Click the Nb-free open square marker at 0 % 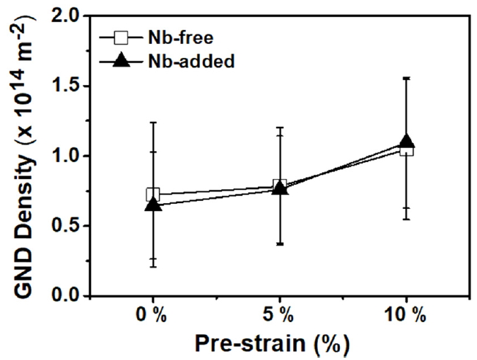tap(153, 195)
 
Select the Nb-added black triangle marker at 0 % tap(153, 205)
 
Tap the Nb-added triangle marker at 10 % tap(407, 142)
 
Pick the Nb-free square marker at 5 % tap(279, 185)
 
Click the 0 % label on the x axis tap(152, 316)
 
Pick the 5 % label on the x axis tap(279, 316)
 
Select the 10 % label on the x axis tap(405, 316)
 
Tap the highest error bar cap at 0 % tap(153, 122)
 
